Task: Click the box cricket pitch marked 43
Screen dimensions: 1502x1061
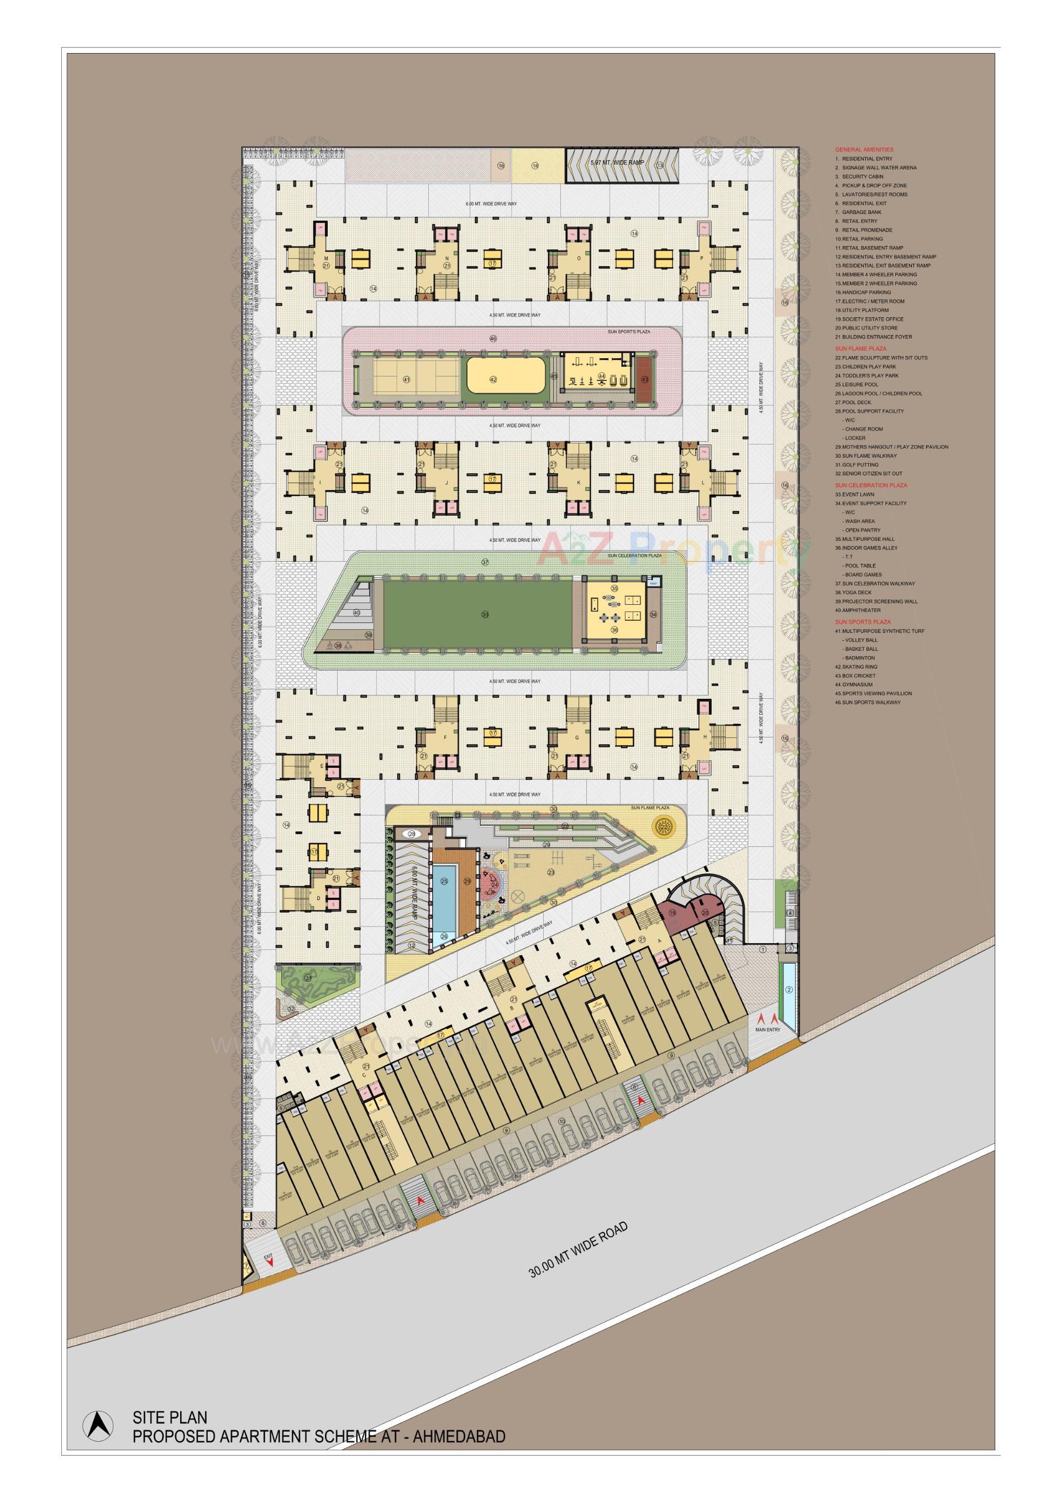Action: [x=645, y=379]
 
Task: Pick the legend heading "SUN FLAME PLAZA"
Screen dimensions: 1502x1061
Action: [x=860, y=349]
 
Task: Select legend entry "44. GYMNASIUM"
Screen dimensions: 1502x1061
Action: [x=854, y=684]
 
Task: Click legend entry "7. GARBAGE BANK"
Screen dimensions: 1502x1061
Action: [x=858, y=212]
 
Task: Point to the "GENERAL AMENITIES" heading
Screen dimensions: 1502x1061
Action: [x=864, y=150]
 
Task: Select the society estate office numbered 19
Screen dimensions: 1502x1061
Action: [x=672, y=912]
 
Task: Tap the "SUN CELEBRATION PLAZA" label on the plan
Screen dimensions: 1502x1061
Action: [x=634, y=556]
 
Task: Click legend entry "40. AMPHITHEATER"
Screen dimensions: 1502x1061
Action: [x=858, y=610]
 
